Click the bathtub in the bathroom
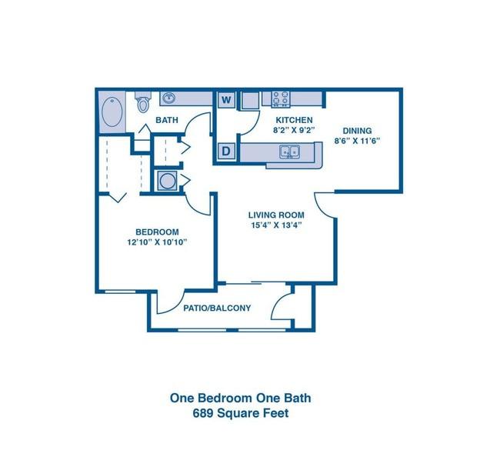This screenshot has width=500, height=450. click(112, 112)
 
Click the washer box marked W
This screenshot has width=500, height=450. click(226, 100)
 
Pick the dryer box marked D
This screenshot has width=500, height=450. click(226, 151)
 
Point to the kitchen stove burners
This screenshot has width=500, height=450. click(281, 98)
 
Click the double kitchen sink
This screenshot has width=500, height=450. click(289, 152)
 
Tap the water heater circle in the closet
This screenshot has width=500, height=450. click(167, 181)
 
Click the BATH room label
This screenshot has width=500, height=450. click(166, 120)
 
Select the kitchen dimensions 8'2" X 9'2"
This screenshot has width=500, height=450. click(294, 130)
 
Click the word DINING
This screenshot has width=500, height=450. click(357, 131)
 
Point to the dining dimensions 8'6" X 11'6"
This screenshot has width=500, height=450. click(357, 141)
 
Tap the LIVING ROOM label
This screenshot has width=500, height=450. click(276, 215)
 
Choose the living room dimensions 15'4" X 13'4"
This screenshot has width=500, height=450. click(276, 225)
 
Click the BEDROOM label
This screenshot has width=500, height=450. click(157, 232)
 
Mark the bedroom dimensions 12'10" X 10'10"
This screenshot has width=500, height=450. click(157, 242)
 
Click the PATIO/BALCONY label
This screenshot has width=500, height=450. click(217, 308)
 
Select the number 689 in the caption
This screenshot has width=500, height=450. click(203, 413)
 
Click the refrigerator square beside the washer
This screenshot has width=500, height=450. click(250, 101)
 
